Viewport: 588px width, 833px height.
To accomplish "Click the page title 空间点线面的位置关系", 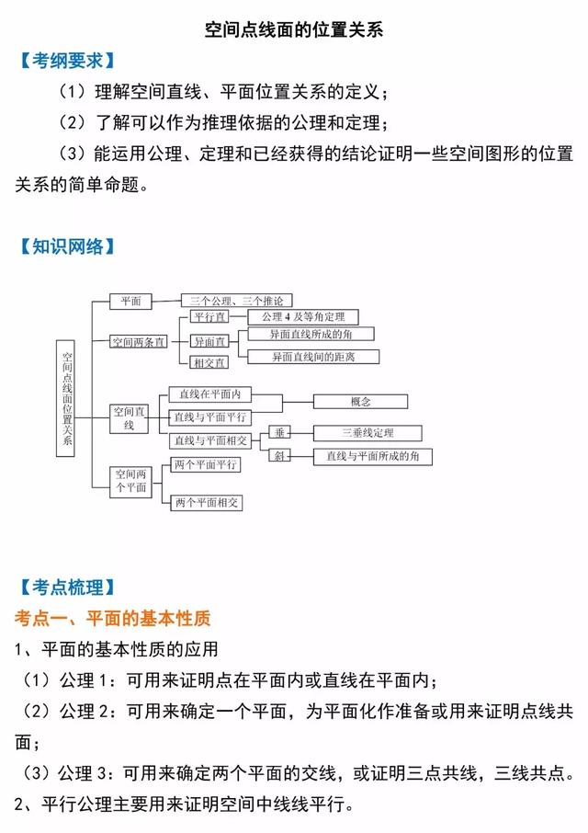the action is (x=293, y=29).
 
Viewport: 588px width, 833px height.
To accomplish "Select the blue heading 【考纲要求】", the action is (x=67, y=61).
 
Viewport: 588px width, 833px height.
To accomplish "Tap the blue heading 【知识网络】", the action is (x=67, y=246).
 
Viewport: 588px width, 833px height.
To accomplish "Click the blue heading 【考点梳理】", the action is (x=67, y=588).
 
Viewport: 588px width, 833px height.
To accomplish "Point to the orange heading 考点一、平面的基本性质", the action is (x=112, y=618).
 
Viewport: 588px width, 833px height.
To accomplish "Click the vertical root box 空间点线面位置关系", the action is (x=66, y=398).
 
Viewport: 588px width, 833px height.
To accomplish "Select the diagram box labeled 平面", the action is (x=130, y=302).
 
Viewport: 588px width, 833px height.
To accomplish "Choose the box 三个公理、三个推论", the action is (x=237, y=302).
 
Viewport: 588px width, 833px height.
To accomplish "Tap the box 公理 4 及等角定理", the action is (x=303, y=317).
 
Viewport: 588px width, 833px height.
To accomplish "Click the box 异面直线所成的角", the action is (x=311, y=334).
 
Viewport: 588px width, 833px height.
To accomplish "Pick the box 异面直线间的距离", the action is (x=313, y=357).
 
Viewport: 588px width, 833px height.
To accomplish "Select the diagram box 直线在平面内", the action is (x=209, y=394).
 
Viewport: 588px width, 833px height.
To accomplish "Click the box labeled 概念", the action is (x=360, y=402).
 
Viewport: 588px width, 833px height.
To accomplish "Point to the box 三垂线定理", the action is (x=367, y=433).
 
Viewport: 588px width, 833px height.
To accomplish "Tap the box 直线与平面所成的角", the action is (x=372, y=456).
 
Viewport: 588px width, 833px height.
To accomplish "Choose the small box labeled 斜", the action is (x=279, y=455).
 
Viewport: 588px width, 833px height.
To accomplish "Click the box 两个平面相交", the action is (x=207, y=503).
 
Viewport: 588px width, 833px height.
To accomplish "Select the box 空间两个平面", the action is (x=131, y=482).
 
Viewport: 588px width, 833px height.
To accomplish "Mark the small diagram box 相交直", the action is (x=209, y=363).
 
